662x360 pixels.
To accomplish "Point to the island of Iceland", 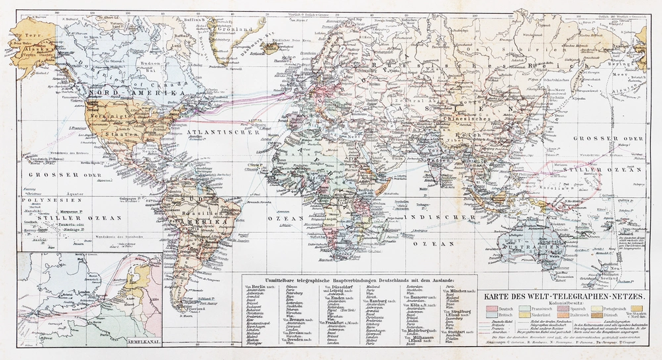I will pos(272,47).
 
